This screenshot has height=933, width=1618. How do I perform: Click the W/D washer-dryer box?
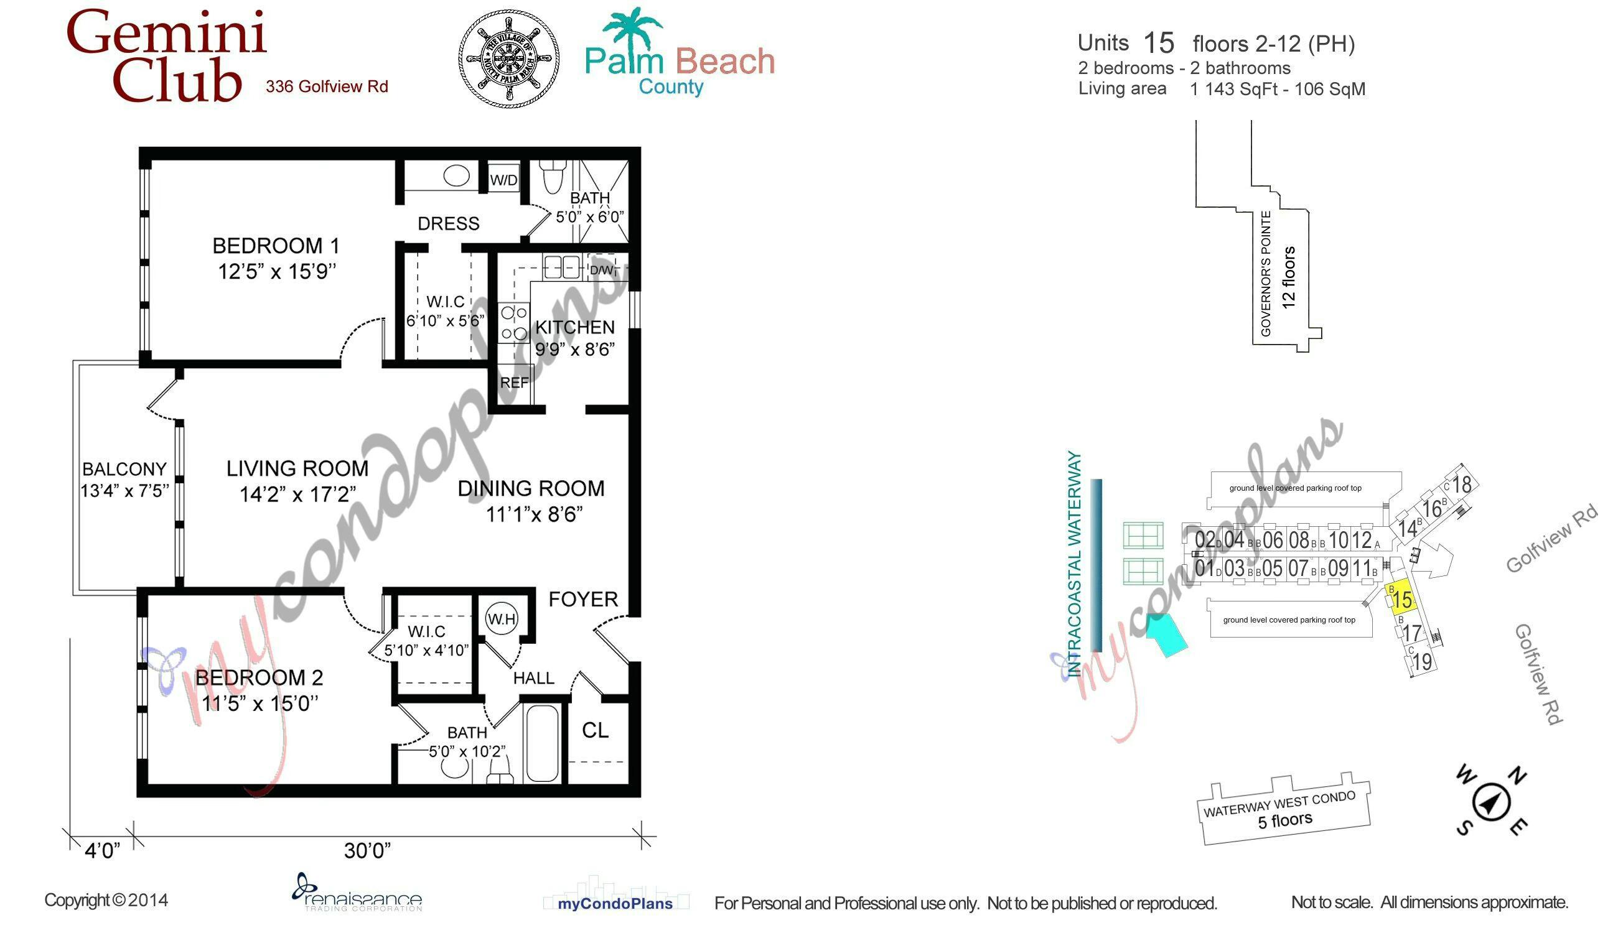[x=503, y=179]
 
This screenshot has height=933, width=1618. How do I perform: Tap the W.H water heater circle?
[x=502, y=619]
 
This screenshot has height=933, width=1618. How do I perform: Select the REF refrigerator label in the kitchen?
[x=514, y=383]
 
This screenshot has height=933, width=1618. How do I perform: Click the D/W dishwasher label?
[x=602, y=270]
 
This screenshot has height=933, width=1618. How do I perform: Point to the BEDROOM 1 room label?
[x=276, y=246]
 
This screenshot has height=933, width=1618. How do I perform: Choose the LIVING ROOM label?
[x=297, y=468]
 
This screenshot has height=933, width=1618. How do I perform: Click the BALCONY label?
[x=124, y=469]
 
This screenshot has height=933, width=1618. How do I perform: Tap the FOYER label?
[x=583, y=599]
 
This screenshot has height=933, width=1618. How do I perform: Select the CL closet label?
[x=595, y=730]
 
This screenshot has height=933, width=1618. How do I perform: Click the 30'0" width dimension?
[x=367, y=850]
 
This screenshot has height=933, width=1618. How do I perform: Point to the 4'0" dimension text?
[x=103, y=851]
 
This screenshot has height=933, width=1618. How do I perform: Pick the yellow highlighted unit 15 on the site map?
[x=1401, y=598]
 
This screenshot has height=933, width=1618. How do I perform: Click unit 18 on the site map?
[x=1462, y=485]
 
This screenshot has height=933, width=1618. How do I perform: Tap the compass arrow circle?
[x=1491, y=802]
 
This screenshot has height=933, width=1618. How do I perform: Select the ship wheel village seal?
[x=509, y=58]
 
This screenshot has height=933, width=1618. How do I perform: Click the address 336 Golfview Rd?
[x=327, y=86]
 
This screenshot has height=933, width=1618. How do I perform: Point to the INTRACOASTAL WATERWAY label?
[x=1074, y=564]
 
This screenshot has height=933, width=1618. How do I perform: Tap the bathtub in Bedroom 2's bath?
[x=542, y=743]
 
